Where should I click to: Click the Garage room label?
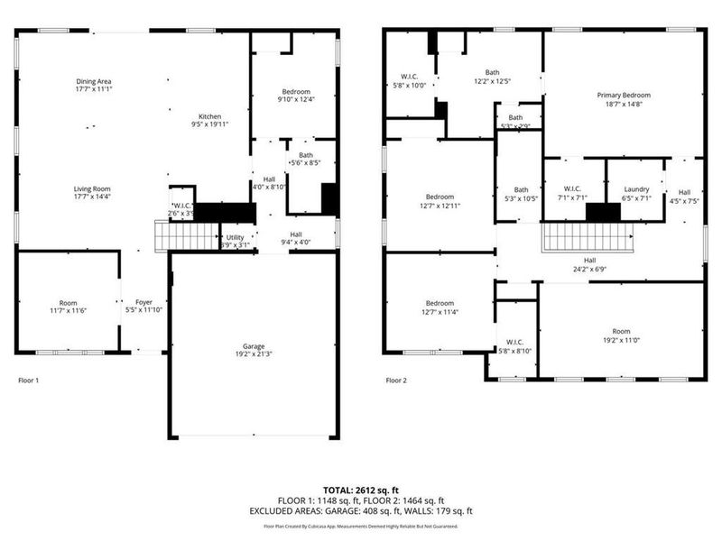pyautogui.click(x=253, y=345)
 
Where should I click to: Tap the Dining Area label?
pyautogui.click(x=94, y=82)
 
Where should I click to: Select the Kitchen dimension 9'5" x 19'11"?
pyautogui.click(x=210, y=125)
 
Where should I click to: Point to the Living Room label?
pyautogui.click(x=94, y=189)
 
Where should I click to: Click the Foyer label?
pyautogui.click(x=144, y=302)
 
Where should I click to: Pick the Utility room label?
pyautogui.click(x=235, y=236)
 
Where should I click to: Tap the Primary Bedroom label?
pyautogui.click(x=623, y=95)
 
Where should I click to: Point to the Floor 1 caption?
pyautogui.click(x=29, y=381)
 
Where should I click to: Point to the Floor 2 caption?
pyautogui.click(x=396, y=381)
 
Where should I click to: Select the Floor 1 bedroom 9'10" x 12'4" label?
pyautogui.click(x=294, y=92)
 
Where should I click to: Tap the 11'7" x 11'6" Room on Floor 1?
pyautogui.click(x=69, y=303)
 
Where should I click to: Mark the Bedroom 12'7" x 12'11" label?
pyautogui.click(x=440, y=197)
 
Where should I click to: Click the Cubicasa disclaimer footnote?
pyautogui.click(x=360, y=526)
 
